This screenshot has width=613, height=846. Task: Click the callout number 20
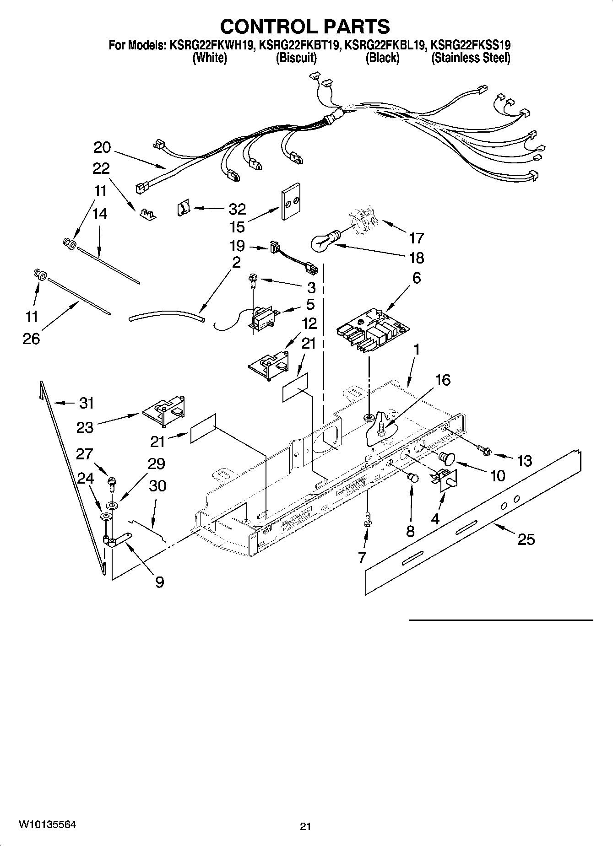(102, 147)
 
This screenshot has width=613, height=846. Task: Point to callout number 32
(237, 209)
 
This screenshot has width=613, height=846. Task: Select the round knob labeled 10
(447, 457)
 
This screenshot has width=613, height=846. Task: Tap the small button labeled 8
(413, 478)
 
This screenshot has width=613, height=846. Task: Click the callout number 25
(526, 539)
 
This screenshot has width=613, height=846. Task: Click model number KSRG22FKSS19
(471, 45)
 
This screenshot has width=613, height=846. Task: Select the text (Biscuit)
(296, 58)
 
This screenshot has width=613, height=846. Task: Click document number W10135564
(47, 824)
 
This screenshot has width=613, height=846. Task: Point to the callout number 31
(86, 403)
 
